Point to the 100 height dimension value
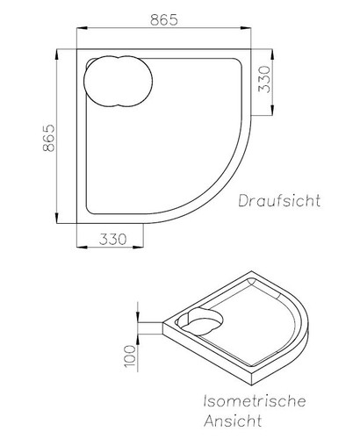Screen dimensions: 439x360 [130, 355]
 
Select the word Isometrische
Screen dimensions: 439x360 [254, 400]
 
